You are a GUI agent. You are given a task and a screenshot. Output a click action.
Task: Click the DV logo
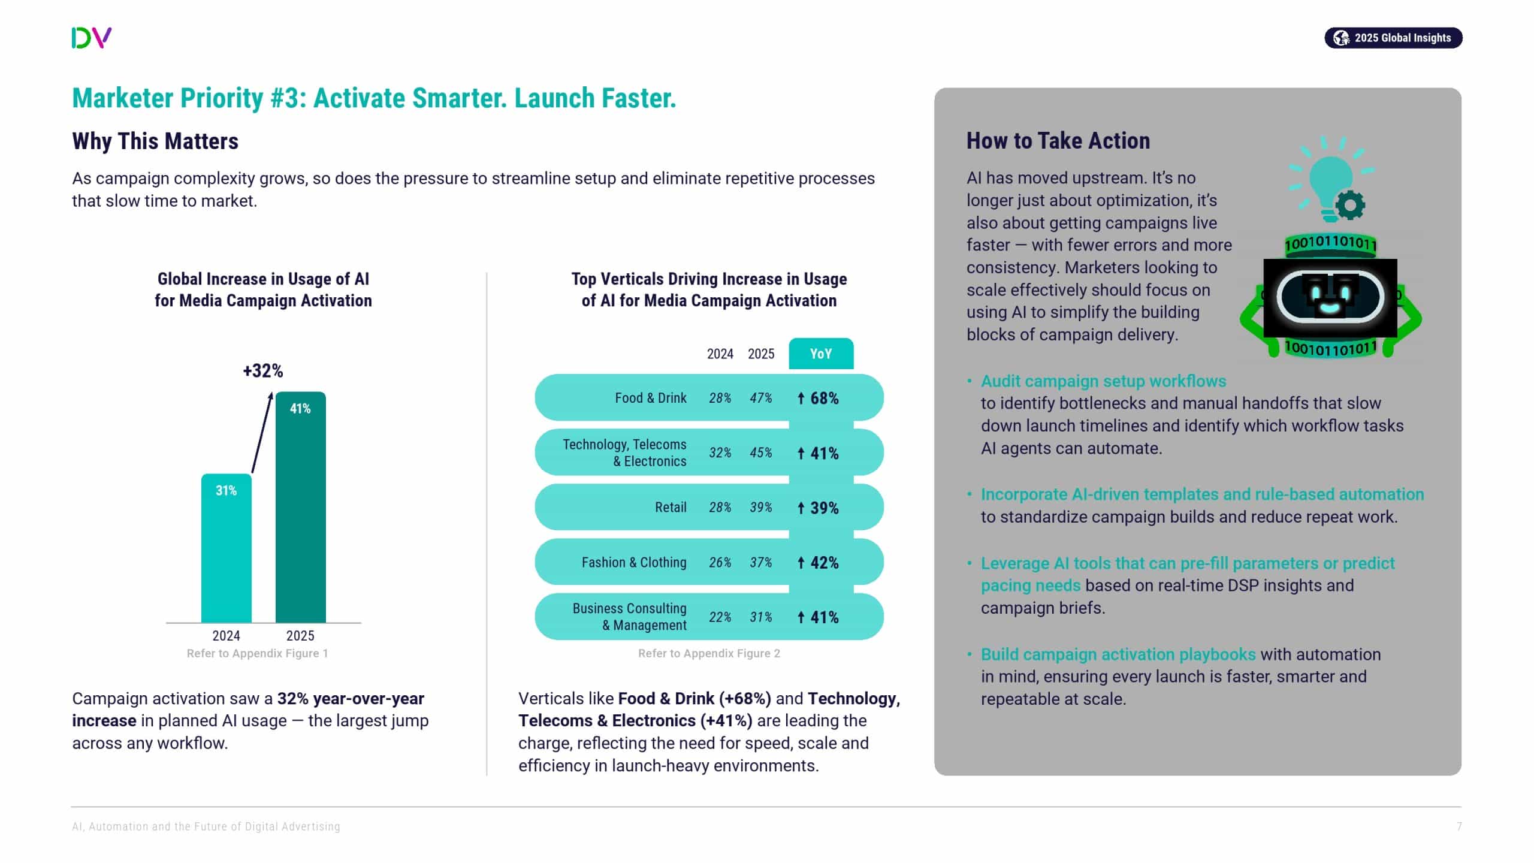pyautogui.click(x=91, y=38)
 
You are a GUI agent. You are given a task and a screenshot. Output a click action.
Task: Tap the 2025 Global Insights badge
pyautogui.click(x=1393, y=38)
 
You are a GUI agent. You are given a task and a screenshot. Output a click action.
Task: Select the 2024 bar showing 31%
pyautogui.click(x=226, y=548)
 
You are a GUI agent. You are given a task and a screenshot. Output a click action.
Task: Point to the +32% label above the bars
pyautogui.click(x=262, y=371)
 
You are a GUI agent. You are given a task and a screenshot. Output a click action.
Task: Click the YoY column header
pyautogui.click(x=820, y=354)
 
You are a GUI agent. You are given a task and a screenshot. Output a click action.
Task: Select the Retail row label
pyautogui.click(x=670, y=508)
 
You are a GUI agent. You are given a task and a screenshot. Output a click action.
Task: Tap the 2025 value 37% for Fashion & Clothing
pyautogui.click(x=760, y=562)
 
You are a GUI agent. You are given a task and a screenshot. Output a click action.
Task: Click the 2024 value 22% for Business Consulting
pyautogui.click(x=720, y=617)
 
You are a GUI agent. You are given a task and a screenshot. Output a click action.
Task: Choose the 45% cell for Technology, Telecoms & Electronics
pyautogui.click(x=760, y=453)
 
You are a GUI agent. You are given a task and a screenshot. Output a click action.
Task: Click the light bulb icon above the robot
pyautogui.click(x=1330, y=180)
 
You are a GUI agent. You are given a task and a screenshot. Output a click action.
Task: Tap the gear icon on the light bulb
pyautogui.click(x=1350, y=206)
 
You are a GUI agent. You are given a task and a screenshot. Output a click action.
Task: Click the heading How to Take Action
pyautogui.click(x=1058, y=141)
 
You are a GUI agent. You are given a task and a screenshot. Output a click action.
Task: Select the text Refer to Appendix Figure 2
pyautogui.click(x=709, y=653)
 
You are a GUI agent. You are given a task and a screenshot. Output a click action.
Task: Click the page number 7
pyautogui.click(x=1459, y=826)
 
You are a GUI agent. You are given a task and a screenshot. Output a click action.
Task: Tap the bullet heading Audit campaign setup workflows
pyautogui.click(x=1103, y=381)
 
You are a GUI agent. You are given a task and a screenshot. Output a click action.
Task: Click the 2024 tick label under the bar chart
pyautogui.click(x=226, y=635)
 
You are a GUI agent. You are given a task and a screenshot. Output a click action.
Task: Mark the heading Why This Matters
pyautogui.click(x=155, y=141)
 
